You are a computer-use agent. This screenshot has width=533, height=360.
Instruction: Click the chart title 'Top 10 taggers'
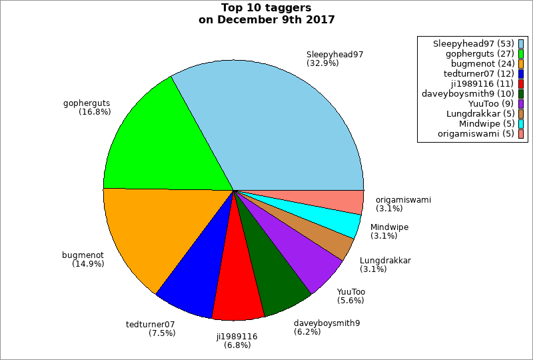pyautogui.click(x=266, y=8)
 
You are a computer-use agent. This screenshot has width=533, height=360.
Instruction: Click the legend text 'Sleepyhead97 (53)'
pyautogui.click(x=472, y=43)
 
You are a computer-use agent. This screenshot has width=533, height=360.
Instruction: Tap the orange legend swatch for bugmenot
pyautogui.click(x=521, y=64)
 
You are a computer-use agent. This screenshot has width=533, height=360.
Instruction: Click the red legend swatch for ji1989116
pyautogui.click(x=521, y=84)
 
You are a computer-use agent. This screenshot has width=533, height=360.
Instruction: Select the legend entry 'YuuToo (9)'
pyautogui.click(x=490, y=104)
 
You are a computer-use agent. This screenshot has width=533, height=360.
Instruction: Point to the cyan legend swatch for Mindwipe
pyautogui.click(x=521, y=124)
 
